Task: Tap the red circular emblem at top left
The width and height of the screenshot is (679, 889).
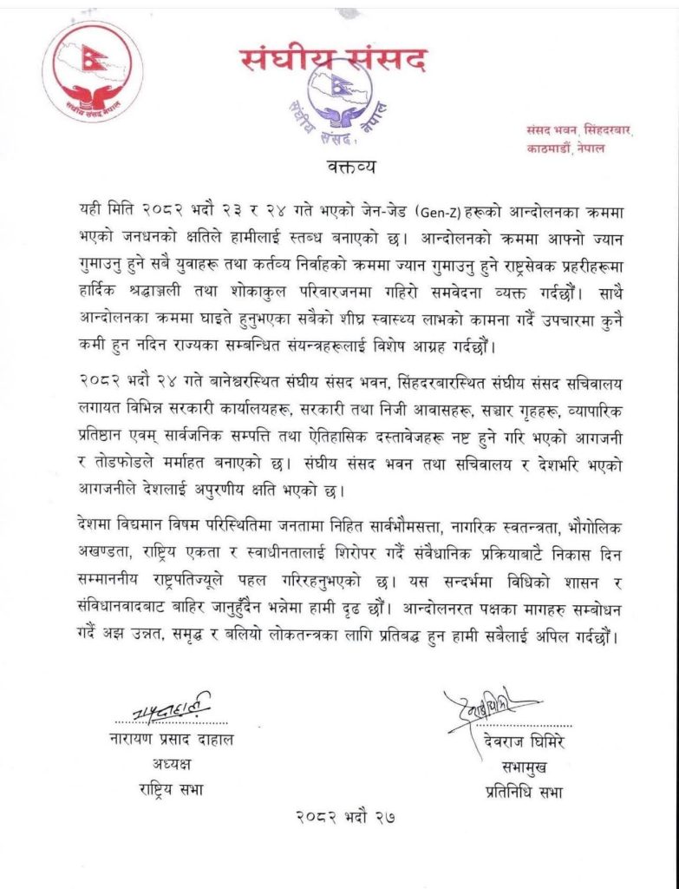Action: tap(93, 76)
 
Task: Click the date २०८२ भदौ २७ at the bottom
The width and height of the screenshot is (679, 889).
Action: tap(339, 817)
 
